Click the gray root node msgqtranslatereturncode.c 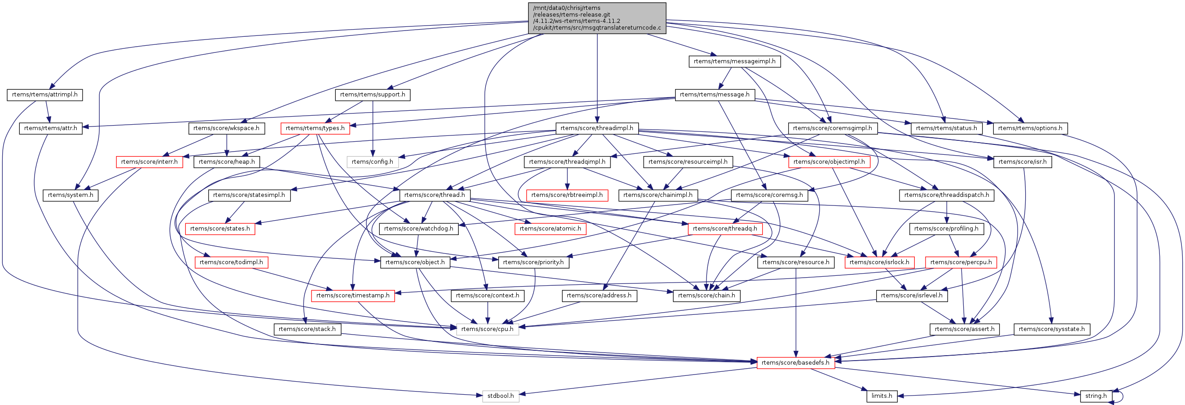pyautogui.click(x=597, y=18)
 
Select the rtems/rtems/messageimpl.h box pyautogui.click(x=735, y=61)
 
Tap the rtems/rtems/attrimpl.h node pyautogui.click(x=44, y=95)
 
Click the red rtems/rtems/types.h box pyautogui.click(x=315, y=128)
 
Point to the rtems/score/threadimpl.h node pyautogui.click(x=597, y=128)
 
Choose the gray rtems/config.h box pyautogui.click(x=373, y=162)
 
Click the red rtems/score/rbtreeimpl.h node pyautogui.click(x=567, y=195)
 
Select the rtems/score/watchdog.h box pyautogui.click(x=418, y=228)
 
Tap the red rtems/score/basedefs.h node pyautogui.click(x=795, y=363)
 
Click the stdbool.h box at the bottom pyautogui.click(x=500, y=396)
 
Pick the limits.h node pyautogui.click(x=882, y=396)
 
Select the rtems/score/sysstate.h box pyautogui.click(x=1052, y=329)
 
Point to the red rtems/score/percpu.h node pyautogui.click(x=961, y=262)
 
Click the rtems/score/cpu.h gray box pyautogui.click(x=487, y=329)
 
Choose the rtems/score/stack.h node pyautogui.click(x=307, y=329)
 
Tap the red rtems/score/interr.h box pyautogui.click(x=149, y=162)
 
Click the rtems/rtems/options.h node pyautogui.click(x=1030, y=128)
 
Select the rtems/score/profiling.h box pyautogui.click(x=946, y=228)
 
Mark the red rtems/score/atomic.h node pyautogui.click(x=550, y=228)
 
